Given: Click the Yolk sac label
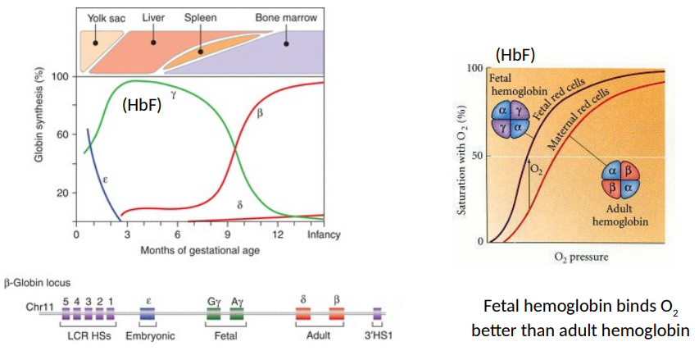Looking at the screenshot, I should pos(105,17).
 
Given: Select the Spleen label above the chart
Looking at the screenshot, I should pos(200,17).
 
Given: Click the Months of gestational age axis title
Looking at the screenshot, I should pos(200,249).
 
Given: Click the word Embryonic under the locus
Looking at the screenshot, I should pos(152,335).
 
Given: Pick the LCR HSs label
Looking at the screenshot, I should pos(88,335).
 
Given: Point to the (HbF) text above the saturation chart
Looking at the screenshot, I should pos(515,55).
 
